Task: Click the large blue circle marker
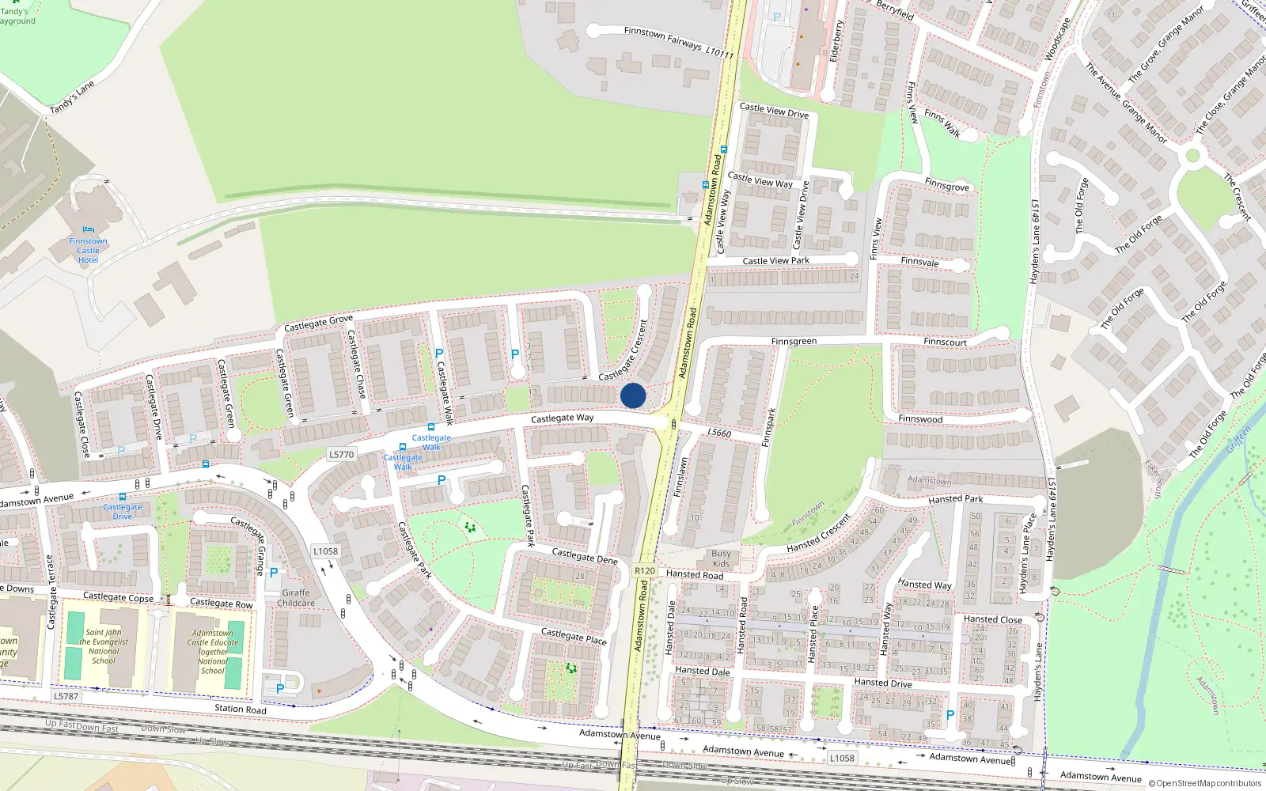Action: tap(633, 395)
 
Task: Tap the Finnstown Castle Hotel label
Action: tap(88, 251)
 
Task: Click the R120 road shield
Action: tap(645, 570)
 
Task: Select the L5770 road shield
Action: tap(341, 455)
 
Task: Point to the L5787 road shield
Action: tap(66, 697)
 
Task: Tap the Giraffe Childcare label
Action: tap(296, 598)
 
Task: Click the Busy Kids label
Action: tap(721, 558)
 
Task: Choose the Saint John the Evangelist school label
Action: tap(104, 646)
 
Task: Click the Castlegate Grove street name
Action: tap(318, 324)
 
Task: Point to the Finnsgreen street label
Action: tap(794, 342)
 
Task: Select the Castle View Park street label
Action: tap(775, 260)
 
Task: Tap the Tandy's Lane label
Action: tap(72, 97)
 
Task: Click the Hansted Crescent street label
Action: tap(818, 534)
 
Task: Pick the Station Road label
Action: tap(241, 709)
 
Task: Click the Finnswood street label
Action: tap(920, 419)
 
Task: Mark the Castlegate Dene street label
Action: tap(585, 557)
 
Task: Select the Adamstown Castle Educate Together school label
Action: tap(212, 652)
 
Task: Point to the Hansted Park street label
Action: tap(955, 499)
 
